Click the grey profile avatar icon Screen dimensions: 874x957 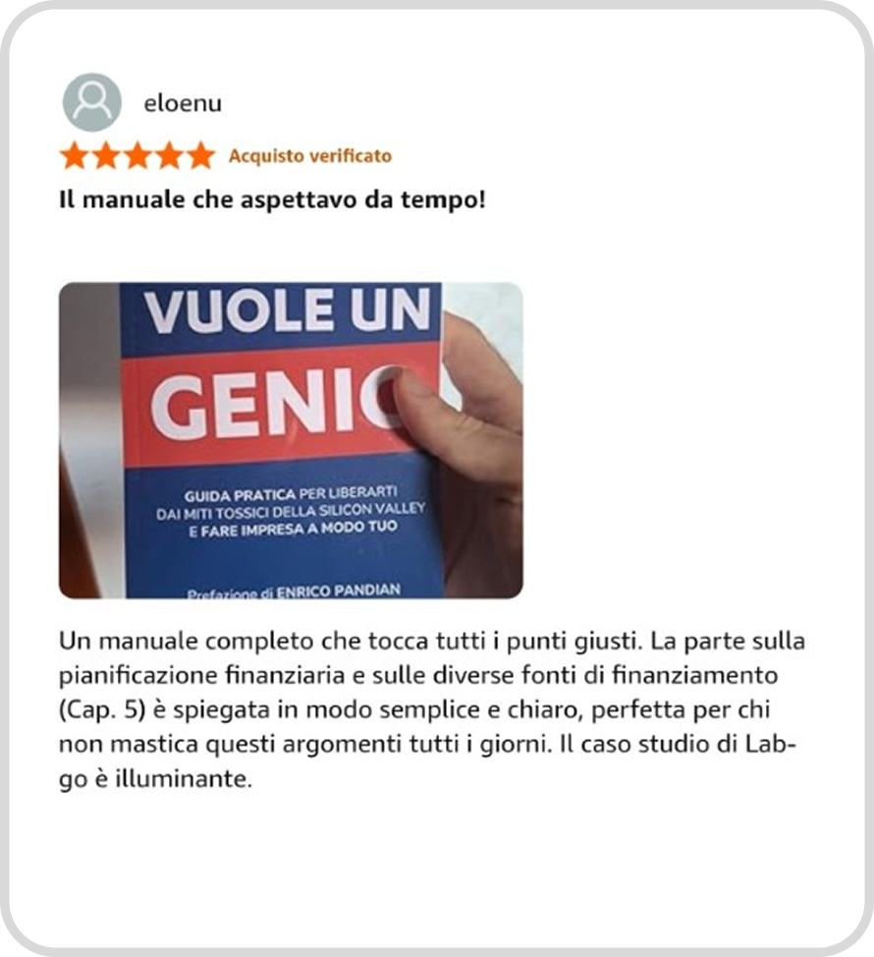click(92, 102)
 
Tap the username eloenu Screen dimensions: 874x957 click(183, 104)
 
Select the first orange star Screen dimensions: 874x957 click(75, 155)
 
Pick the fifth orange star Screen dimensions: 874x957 click(200, 155)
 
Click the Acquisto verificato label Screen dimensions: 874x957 click(310, 156)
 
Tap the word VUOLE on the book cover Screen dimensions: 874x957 click(239, 310)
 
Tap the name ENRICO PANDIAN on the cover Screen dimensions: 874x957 click(339, 591)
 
